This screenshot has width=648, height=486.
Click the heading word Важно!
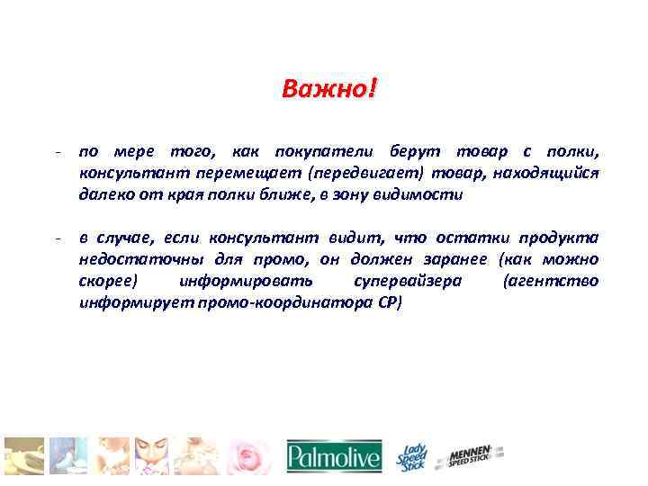(329, 90)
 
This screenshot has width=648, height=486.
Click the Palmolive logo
(334, 457)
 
